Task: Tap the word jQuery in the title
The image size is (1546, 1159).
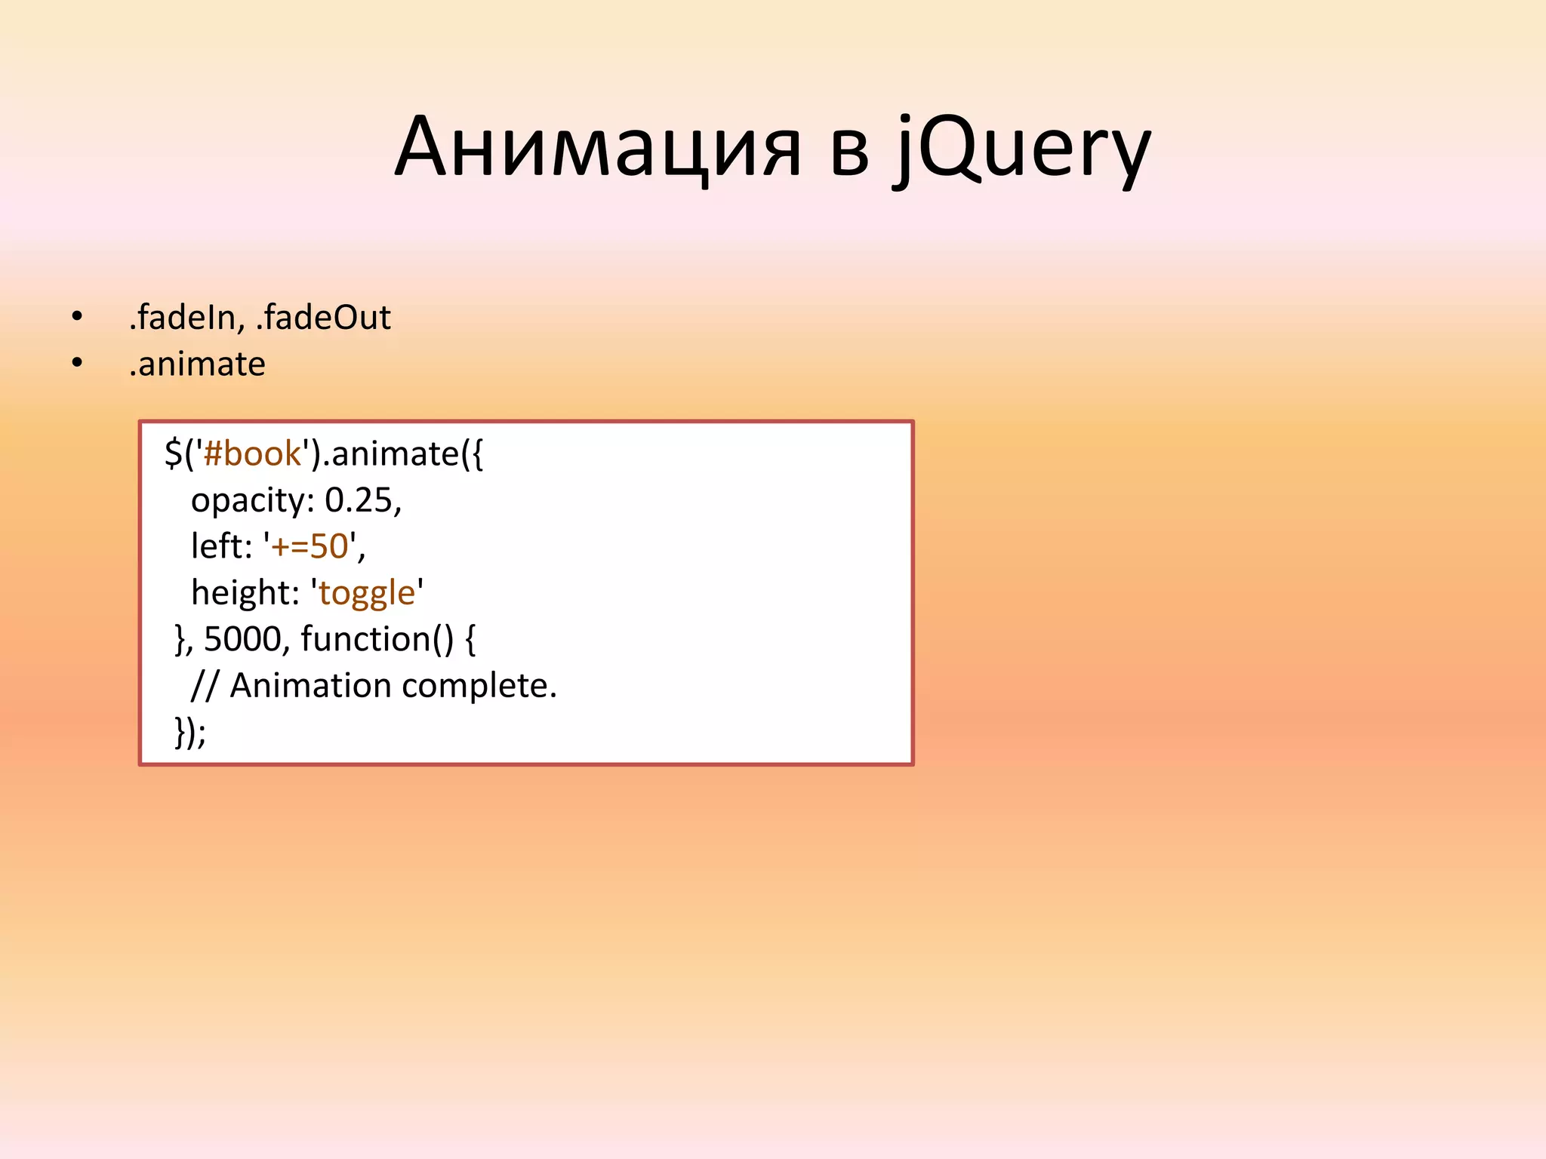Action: click(x=1023, y=149)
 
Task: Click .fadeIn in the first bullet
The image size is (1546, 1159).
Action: click(x=186, y=318)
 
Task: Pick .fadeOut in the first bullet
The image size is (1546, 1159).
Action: click(x=324, y=318)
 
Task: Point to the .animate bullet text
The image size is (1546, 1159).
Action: click(x=197, y=364)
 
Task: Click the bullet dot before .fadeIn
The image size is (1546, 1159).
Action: click(x=77, y=318)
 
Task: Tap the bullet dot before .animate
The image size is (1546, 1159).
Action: click(x=77, y=364)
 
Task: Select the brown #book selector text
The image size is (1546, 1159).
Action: click(x=252, y=453)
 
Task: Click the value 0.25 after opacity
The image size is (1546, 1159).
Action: click(x=359, y=500)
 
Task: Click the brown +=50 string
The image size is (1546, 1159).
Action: click(x=310, y=546)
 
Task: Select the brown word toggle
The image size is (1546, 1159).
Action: click(x=367, y=594)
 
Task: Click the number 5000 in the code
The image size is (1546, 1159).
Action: click(x=242, y=639)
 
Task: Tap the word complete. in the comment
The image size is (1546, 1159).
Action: click(x=479, y=686)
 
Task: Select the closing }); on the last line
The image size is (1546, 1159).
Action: click(x=189, y=731)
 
